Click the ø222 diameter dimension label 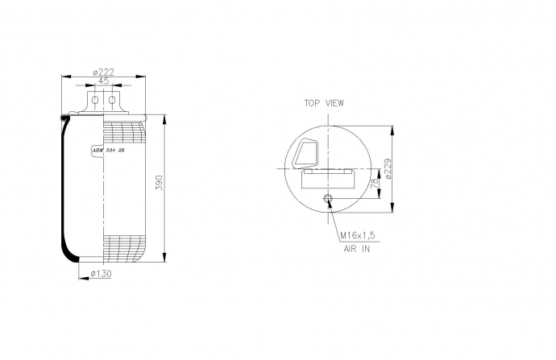(x=103, y=72)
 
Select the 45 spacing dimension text (x=103, y=81)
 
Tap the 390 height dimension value (x=160, y=183)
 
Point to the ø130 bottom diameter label (x=101, y=274)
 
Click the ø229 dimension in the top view (x=388, y=168)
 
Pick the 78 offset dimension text (x=375, y=184)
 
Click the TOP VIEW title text (x=324, y=103)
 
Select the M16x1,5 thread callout (x=358, y=236)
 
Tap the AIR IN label (x=357, y=249)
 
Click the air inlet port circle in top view (x=328, y=198)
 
